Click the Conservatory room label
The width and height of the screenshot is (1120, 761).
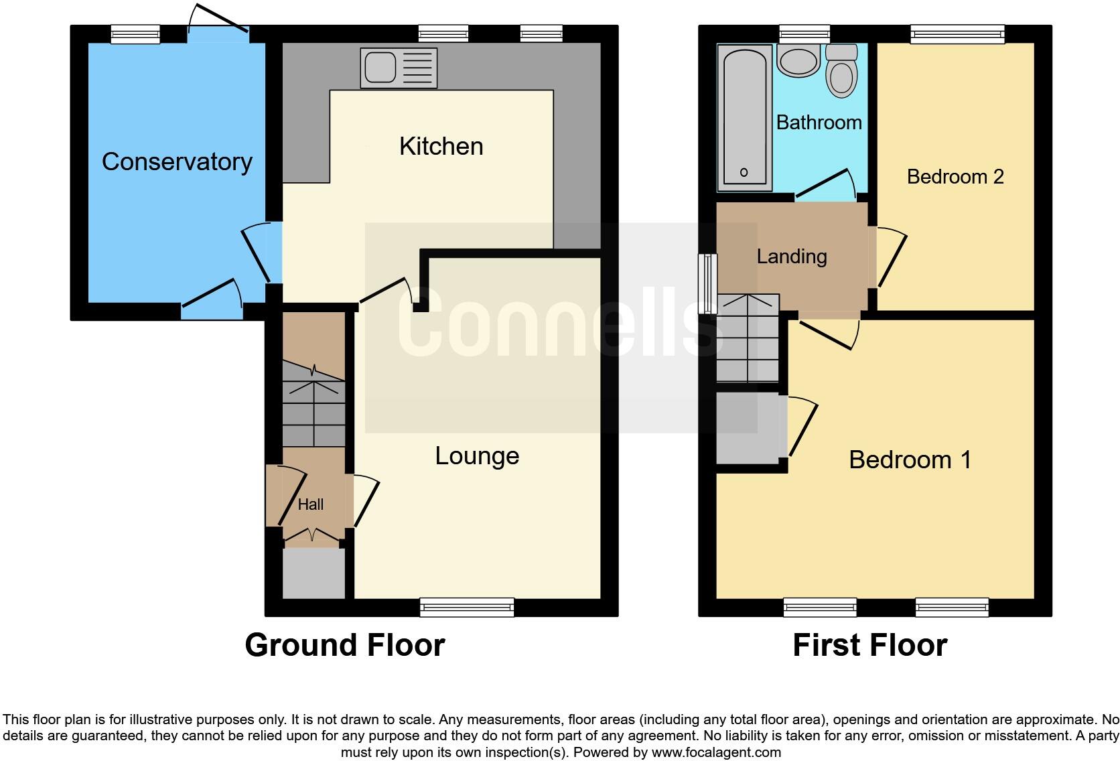177,162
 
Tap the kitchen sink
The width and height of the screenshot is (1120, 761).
399,68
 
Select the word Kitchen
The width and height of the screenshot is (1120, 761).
441,147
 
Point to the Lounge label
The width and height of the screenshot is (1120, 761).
477,456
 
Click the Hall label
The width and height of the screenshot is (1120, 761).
310,504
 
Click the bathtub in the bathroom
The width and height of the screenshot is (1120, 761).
744,117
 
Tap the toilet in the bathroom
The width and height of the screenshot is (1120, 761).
841,72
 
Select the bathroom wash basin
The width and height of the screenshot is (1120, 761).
798,60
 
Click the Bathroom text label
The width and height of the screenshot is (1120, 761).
819,123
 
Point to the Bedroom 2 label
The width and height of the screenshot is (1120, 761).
955,177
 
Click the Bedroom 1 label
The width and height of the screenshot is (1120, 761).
909,460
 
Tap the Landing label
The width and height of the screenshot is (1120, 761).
791,257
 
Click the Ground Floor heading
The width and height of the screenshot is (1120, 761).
344,645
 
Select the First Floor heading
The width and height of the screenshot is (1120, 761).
869,645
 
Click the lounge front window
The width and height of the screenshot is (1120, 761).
467,607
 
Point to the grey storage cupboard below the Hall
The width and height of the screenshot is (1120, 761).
313,573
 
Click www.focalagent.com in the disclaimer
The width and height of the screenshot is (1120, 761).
716,752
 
